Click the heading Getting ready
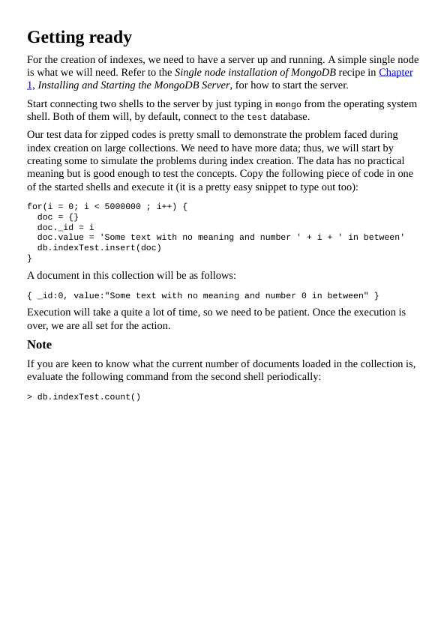tap(79, 37)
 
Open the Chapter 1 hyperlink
tap(395, 72)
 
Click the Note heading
tap(39, 345)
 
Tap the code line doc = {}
tap(58, 217)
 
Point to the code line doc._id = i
tap(66, 228)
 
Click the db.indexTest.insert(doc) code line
tap(99, 248)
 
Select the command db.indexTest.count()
tap(88, 397)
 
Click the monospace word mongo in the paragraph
tap(288, 105)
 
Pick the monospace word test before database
tap(256, 118)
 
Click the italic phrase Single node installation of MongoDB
tap(255, 72)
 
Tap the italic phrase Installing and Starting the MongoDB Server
tap(133, 85)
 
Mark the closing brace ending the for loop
tap(30, 259)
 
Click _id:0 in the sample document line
tap(50, 296)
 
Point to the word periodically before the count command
tap(292, 376)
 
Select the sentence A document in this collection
tap(131, 275)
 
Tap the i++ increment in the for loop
tap(164, 207)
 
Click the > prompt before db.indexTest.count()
tap(30, 397)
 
